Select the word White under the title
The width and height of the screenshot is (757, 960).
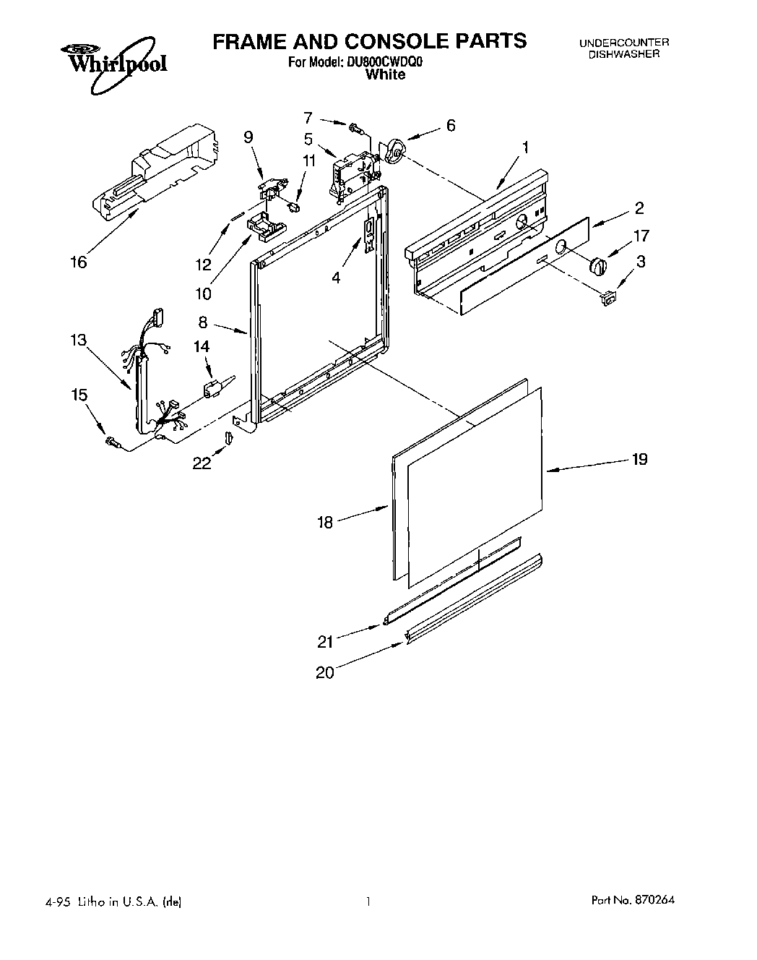(x=385, y=74)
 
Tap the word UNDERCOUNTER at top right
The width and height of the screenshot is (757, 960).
(x=623, y=43)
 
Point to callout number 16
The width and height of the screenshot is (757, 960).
(x=78, y=262)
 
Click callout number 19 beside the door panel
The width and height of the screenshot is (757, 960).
(x=639, y=459)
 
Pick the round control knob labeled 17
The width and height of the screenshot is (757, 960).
(x=597, y=265)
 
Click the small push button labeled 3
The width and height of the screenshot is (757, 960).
(x=609, y=296)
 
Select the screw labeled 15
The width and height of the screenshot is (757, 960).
(x=111, y=441)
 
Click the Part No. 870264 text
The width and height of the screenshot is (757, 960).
(x=634, y=901)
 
